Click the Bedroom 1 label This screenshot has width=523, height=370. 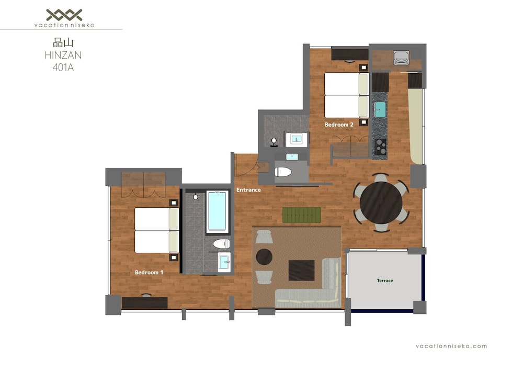149,272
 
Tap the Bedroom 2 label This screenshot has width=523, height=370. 339,125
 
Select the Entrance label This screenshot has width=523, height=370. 248,190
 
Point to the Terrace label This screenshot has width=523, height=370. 385,281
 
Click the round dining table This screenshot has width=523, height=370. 381,203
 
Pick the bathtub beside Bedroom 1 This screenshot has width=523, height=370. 218,212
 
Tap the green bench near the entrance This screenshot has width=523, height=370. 302,215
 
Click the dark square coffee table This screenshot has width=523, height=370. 302,270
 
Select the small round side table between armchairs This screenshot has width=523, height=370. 264,257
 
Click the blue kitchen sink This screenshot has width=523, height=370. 380,110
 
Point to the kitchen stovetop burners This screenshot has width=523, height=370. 380,147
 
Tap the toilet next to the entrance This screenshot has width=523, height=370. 283,172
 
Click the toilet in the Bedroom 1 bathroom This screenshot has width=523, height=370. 221,243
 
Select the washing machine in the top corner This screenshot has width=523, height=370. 401,58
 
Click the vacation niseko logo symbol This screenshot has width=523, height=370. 64,15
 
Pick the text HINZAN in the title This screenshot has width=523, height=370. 63,55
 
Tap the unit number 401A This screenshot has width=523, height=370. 63,68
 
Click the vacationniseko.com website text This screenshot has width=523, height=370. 451,346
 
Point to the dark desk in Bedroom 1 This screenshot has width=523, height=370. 144,303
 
